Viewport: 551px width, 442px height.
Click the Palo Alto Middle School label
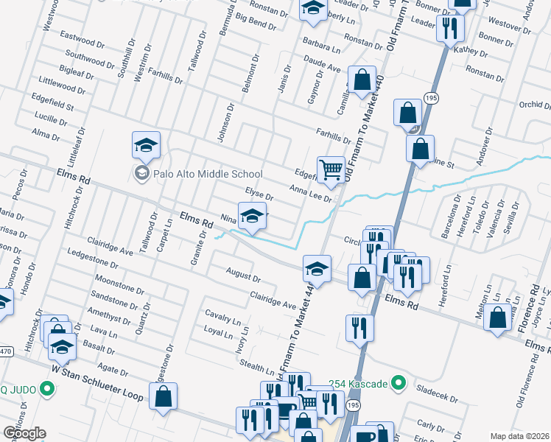(x=207, y=175)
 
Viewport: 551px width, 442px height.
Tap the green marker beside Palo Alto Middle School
(x=141, y=174)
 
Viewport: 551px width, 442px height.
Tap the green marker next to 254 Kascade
(x=399, y=383)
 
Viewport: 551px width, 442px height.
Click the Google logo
(x=24, y=432)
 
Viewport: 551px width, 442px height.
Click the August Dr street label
(x=244, y=276)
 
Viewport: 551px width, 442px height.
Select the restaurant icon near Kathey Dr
(x=449, y=29)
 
